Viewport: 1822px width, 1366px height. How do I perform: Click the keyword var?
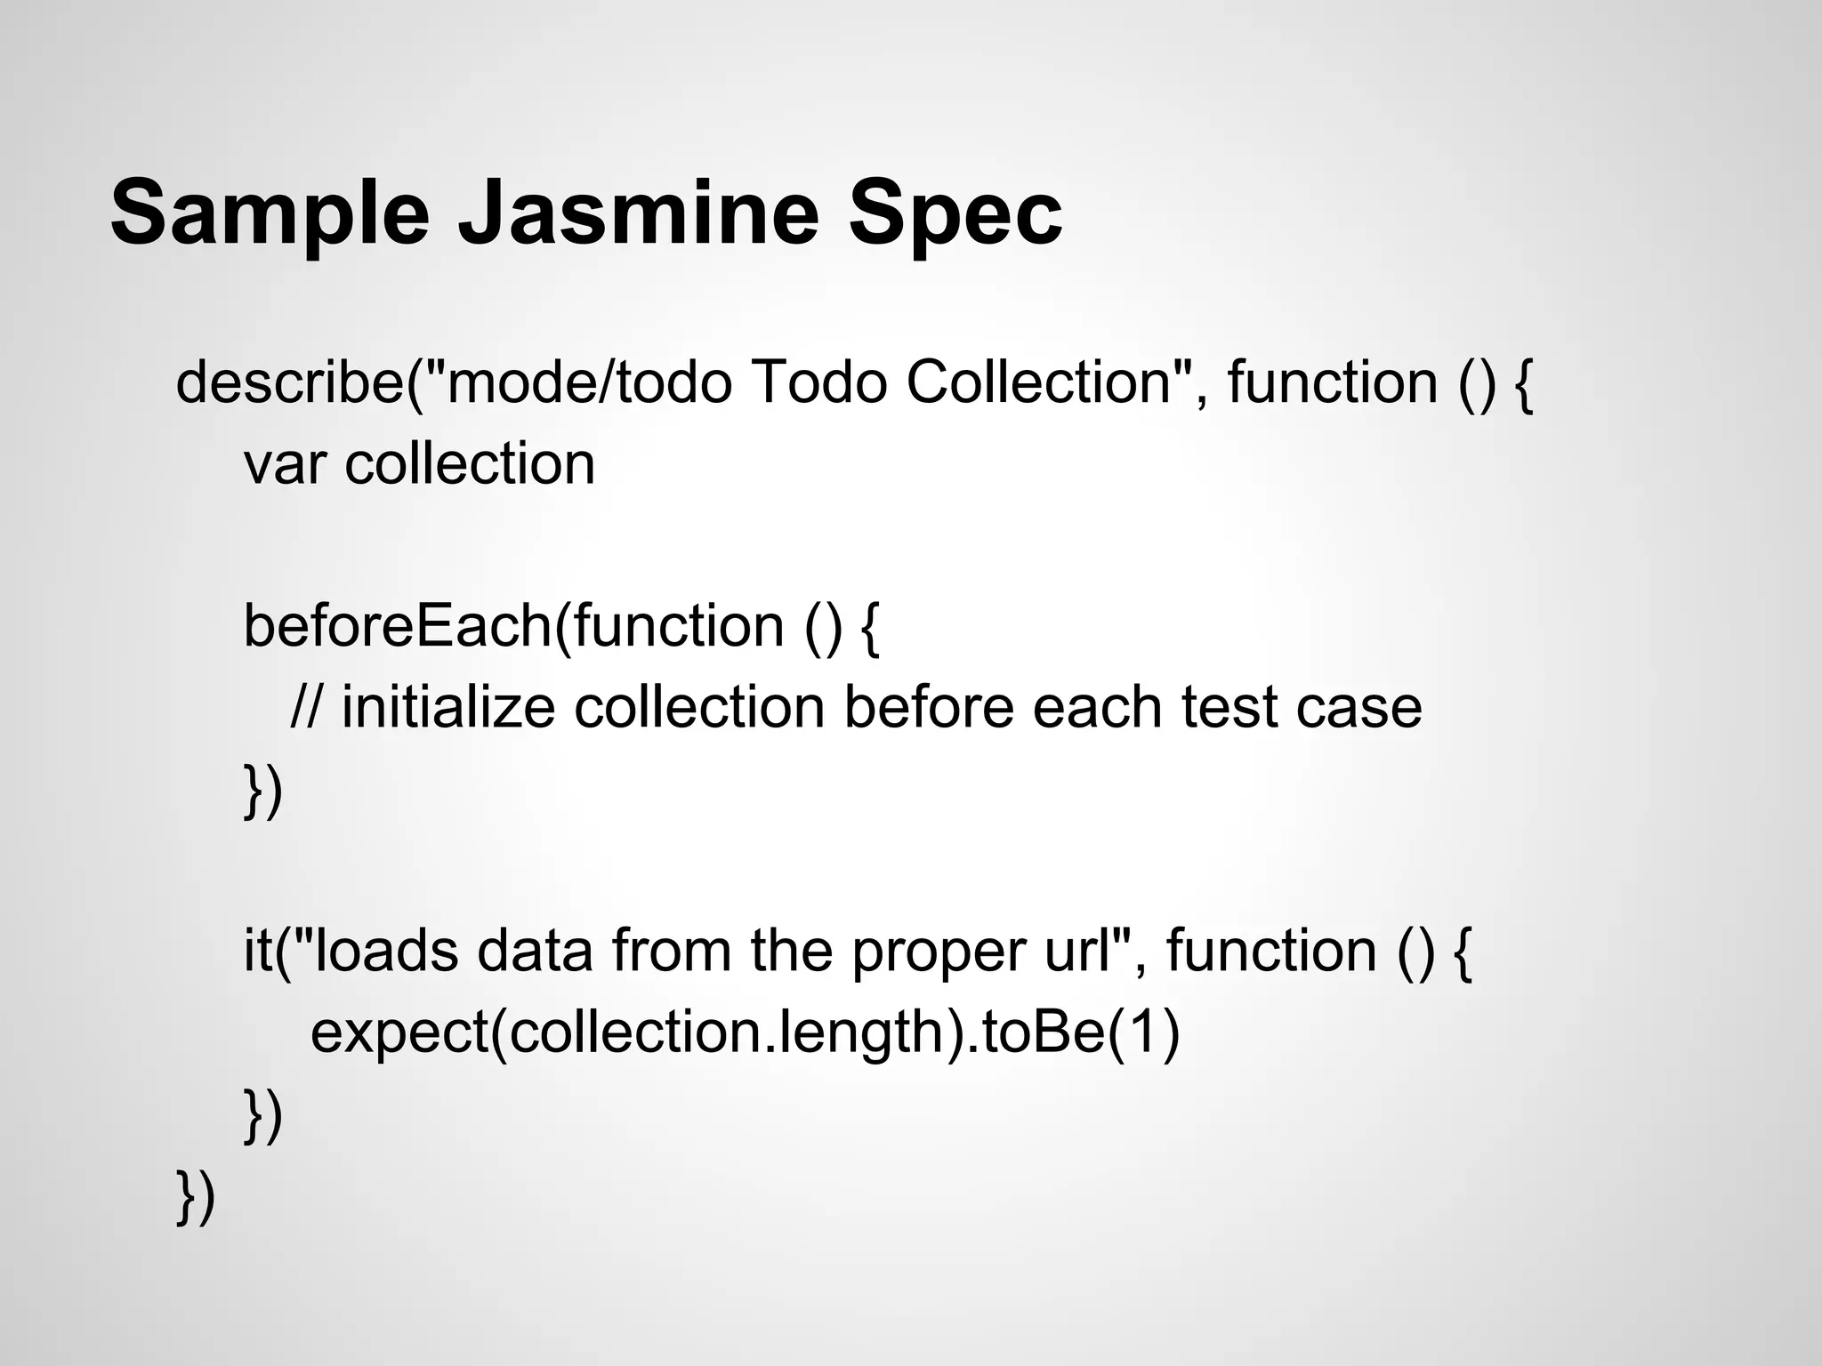click(x=284, y=464)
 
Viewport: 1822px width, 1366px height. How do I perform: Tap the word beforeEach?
click(x=398, y=626)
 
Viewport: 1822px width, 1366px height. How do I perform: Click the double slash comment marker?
click(x=307, y=708)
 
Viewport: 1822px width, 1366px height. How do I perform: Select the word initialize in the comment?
click(x=448, y=708)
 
